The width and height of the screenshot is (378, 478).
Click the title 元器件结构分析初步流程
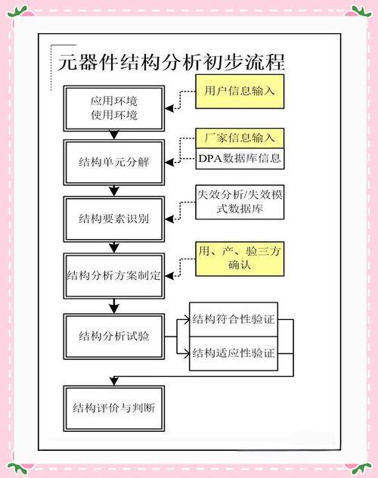tap(172, 62)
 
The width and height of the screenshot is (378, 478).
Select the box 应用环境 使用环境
tap(114, 108)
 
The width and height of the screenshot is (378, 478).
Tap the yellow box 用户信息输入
tap(240, 92)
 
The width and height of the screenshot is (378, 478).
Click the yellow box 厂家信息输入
tap(240, 138)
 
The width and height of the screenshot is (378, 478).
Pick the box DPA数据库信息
tap(240, 159)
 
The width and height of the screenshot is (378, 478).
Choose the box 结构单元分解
tap(114, 162)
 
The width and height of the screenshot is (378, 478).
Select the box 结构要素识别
tap(114, 219)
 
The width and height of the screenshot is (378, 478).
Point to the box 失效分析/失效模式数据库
tap(240, 202)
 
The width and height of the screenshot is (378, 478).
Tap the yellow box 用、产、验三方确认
tap(240, 259)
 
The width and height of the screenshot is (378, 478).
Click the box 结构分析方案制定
tap(114, 275)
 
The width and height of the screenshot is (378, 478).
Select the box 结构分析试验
tap(114, 337)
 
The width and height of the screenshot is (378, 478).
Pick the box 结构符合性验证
tap(234, 319)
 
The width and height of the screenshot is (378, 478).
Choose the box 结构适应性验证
tap(234, 354)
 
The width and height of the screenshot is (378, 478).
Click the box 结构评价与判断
tap(114, 408)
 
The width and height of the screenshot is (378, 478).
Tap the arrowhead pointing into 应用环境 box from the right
tap(169, 108)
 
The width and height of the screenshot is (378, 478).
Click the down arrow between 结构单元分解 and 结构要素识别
tap(114, 191)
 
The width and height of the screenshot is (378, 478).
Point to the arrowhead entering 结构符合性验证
tap(186, 319)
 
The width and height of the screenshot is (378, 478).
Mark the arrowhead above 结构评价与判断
tap(114, 381)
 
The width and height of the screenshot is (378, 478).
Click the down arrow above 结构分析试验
tap(114, 306)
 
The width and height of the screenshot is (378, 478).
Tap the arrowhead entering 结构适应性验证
tap(186, 354)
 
